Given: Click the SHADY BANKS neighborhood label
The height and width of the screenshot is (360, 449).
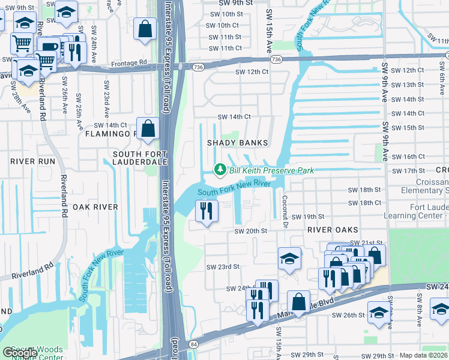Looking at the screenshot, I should pos(237,143).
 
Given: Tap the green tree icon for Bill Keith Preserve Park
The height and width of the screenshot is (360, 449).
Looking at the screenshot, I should pos(220,170).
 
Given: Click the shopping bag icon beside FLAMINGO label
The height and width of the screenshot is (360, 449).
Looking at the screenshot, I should pos(147,128).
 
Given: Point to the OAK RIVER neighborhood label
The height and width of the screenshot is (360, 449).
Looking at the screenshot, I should pos(95,206).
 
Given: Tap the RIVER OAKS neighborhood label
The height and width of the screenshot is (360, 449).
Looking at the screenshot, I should pos(333,230).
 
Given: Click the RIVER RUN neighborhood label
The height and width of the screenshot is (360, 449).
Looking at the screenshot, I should pos(32,161).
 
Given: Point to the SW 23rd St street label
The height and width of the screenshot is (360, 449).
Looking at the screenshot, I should pos(223,266).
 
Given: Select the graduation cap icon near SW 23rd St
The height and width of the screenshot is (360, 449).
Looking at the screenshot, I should pos(289,259).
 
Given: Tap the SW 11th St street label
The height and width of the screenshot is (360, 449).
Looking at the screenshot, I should pos(224,37).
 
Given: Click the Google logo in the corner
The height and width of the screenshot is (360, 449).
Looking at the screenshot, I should pos(19,353).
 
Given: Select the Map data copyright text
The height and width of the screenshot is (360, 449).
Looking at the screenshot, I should pos(423,355).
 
